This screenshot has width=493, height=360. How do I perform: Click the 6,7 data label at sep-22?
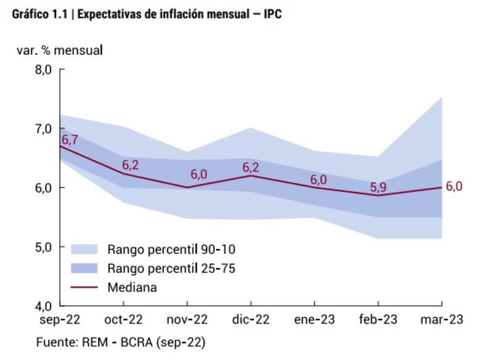click(69, 139)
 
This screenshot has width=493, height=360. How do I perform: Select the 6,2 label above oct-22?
click(131, 165)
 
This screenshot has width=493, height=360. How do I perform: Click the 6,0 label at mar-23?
click(454, 187)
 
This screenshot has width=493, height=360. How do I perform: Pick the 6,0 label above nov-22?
click(199, 174)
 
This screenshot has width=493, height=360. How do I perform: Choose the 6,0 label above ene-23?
click(318, 179)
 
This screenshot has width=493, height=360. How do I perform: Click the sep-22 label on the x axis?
click(62, 320)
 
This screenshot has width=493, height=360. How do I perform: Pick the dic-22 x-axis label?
click(251, 320)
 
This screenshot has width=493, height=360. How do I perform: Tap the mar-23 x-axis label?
click(441, 320)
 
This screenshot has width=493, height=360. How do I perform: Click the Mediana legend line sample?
click(84, 287)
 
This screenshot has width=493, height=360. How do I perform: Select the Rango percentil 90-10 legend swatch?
click(84, 250)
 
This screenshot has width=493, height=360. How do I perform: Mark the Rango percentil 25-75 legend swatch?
click(84, 268)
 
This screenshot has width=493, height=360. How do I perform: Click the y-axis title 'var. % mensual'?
click(60, 50)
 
